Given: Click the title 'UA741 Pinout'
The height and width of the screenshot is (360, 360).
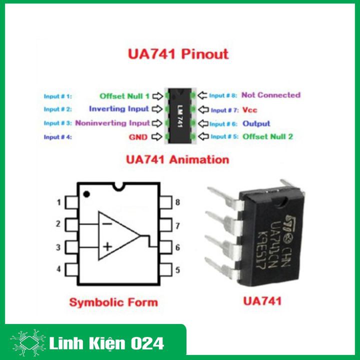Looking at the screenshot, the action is [x=178, y=54].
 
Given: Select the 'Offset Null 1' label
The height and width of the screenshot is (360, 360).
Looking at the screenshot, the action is [x=124, y=95].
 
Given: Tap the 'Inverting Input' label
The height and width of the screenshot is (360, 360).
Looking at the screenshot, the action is [x=119, y=108].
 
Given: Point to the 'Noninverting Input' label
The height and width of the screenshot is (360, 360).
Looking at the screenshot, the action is [x=112, y=122].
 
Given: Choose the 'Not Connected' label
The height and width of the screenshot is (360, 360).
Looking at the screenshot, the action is [x=270, y=95].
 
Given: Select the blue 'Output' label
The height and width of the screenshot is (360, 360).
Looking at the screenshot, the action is [x=256, y=123].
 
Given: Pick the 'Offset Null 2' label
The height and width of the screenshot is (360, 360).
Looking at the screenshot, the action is [x=267, y=136].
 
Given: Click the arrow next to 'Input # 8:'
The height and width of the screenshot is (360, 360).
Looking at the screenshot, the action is [x=202, y=95].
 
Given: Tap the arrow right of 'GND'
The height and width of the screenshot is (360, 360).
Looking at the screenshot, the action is [x=157, y=136].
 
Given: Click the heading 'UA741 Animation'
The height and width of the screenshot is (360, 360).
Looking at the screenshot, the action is [x=178, y=160].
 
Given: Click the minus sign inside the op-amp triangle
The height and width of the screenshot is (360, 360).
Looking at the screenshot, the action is [x=107, y=223].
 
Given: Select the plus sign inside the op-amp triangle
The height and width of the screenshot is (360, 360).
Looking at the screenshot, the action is [x=107, y=246].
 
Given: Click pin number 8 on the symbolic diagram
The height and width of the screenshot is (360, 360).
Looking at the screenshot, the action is [x=177, y=202].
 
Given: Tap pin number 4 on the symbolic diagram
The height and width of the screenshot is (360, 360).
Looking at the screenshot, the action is [x=58, y=269].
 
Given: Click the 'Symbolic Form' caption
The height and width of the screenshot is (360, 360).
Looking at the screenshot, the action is [x=113, y=302].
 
